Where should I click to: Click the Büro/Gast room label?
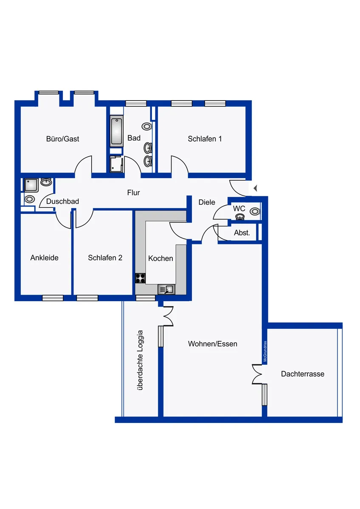(62, 139)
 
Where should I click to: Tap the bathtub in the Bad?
(117, 131)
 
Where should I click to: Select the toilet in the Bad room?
(146, 126)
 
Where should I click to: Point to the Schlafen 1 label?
(205, 139)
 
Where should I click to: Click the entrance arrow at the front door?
(255, 188)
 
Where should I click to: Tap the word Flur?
(133, 193)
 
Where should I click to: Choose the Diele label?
(207, 202)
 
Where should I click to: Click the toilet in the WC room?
(255, 212)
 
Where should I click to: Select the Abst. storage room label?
(242, 233)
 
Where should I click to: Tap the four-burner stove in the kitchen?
(141, 278)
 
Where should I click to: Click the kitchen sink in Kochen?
(166, 289)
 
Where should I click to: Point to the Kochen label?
(160, 258)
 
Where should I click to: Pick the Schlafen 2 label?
(105, 258)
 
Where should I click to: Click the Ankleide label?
(44, 258)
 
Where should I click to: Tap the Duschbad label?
(62, 201)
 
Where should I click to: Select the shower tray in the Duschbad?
(31, 185)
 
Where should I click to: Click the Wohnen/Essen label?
(213, 344)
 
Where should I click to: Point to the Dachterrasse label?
(303, 374)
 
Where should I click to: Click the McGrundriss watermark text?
(265, 351)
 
